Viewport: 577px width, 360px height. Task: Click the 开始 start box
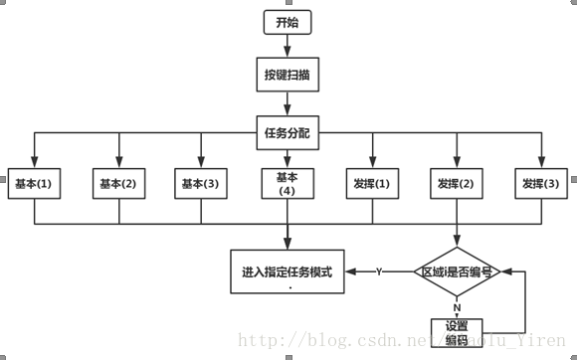287,21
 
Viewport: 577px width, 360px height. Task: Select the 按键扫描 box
287,74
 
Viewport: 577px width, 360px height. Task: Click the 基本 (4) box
288,183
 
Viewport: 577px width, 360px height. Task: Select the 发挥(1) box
372,183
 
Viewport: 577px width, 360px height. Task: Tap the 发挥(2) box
457,183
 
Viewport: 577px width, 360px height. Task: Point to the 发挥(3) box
541,183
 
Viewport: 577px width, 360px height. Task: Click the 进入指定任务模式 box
288,272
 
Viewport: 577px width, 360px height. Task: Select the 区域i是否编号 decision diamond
457,271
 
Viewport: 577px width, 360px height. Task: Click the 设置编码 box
457,332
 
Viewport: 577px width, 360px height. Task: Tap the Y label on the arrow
379,271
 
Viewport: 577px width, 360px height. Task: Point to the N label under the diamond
457,306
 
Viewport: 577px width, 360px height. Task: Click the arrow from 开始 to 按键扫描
287,46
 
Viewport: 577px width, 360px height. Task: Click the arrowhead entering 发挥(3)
541,161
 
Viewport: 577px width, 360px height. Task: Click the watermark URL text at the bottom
398,343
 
